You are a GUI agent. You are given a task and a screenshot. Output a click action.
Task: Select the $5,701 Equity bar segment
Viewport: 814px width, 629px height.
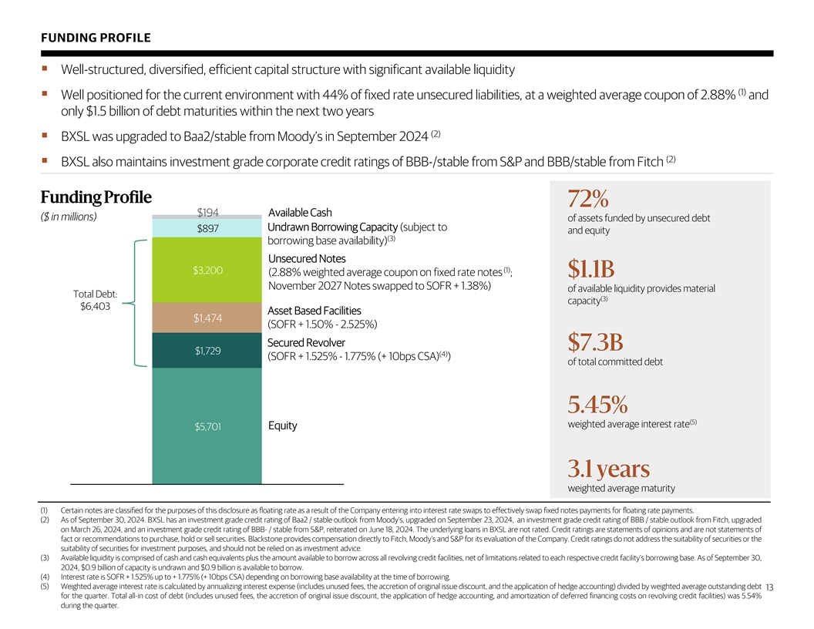(208, 426)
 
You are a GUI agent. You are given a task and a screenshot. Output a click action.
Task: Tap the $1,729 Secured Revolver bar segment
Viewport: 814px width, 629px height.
(208, 351)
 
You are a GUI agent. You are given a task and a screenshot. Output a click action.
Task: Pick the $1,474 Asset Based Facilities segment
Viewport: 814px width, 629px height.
(208, 318)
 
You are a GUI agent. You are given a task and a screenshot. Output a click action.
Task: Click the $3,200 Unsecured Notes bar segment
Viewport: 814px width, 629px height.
(208, 271)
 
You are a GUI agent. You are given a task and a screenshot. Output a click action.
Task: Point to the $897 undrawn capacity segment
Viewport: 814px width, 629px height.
(208, 228)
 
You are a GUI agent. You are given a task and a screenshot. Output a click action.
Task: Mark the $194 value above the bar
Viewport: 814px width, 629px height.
(208, 212)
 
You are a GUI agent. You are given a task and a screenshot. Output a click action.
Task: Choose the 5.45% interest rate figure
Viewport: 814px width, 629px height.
(597, 405)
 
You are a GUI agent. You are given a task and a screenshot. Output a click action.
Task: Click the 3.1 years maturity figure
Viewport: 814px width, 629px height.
(608, 469)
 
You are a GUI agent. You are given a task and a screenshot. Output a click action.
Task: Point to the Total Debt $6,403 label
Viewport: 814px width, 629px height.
(95, 300)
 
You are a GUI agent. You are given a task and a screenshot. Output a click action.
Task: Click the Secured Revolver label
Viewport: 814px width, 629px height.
(306, 342)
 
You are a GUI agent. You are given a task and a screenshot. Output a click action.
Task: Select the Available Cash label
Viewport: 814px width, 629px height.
(300, 213)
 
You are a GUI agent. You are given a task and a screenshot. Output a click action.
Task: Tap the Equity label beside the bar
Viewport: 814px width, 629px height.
(282, 426)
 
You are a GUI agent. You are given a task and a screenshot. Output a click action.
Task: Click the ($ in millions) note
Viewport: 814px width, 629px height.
(68, 217)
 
